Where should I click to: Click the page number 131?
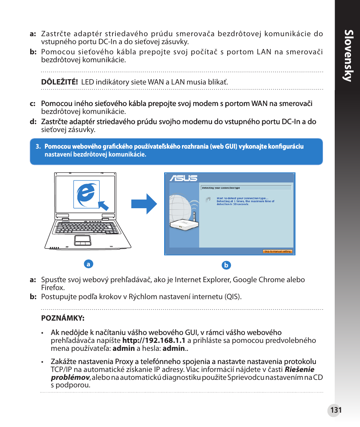coord(335,410)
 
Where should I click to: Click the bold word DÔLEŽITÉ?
coord(60,82)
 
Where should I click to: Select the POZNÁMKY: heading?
coord(63,318)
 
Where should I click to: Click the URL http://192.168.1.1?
coord(154,340)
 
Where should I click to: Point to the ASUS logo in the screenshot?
coord(183,178)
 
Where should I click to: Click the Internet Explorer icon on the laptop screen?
coord(86,194)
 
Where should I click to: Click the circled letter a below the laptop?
coord(88,264)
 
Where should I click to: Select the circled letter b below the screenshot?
coord(226,265)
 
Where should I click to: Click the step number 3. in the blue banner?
coord(38,147)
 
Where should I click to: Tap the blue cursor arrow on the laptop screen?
coord(103,205)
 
